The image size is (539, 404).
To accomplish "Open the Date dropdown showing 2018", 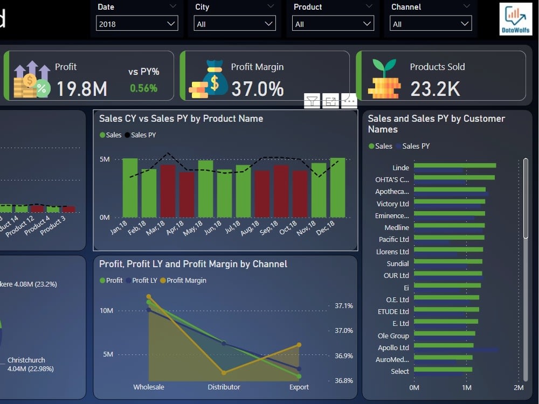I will click(x=137, y=24).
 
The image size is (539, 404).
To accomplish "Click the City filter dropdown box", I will click(x=235, y=24).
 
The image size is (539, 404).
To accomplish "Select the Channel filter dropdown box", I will click(x=431, y=24).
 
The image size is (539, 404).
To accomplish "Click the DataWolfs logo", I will click(x=516, y=19).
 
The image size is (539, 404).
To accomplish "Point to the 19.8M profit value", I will click(x=81, y=89).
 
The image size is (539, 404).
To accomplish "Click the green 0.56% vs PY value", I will click(x=143, y=88).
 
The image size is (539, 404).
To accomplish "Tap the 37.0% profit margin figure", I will click(x=257, y=89).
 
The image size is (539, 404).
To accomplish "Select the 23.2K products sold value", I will click(x=435, y=89).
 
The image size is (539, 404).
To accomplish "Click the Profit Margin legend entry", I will click(x=186, y=281).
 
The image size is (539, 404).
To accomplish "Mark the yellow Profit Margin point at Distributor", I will click(x=224, y=372).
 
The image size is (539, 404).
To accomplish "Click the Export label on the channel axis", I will click(x=299, y=387).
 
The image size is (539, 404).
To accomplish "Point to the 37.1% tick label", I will click(x=343, y=305).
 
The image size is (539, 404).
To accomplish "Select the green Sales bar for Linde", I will click(x=454, y=165).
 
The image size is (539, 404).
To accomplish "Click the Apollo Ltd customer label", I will click(x=393, y=347).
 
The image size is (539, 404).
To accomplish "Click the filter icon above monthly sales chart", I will click(x=312, y=101).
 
